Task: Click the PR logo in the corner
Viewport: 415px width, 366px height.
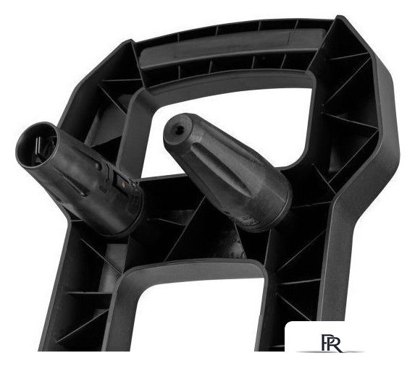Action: tap(331, 343)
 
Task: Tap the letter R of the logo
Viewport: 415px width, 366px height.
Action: tap(335, 343)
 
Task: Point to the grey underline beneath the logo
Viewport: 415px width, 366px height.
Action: tap(330, 352)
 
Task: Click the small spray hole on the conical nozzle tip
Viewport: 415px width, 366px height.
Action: tap(180, 129)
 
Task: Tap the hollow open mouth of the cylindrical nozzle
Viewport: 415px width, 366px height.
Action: tap(35, 144)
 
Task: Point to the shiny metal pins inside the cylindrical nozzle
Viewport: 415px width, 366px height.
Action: tap(38, 145)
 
